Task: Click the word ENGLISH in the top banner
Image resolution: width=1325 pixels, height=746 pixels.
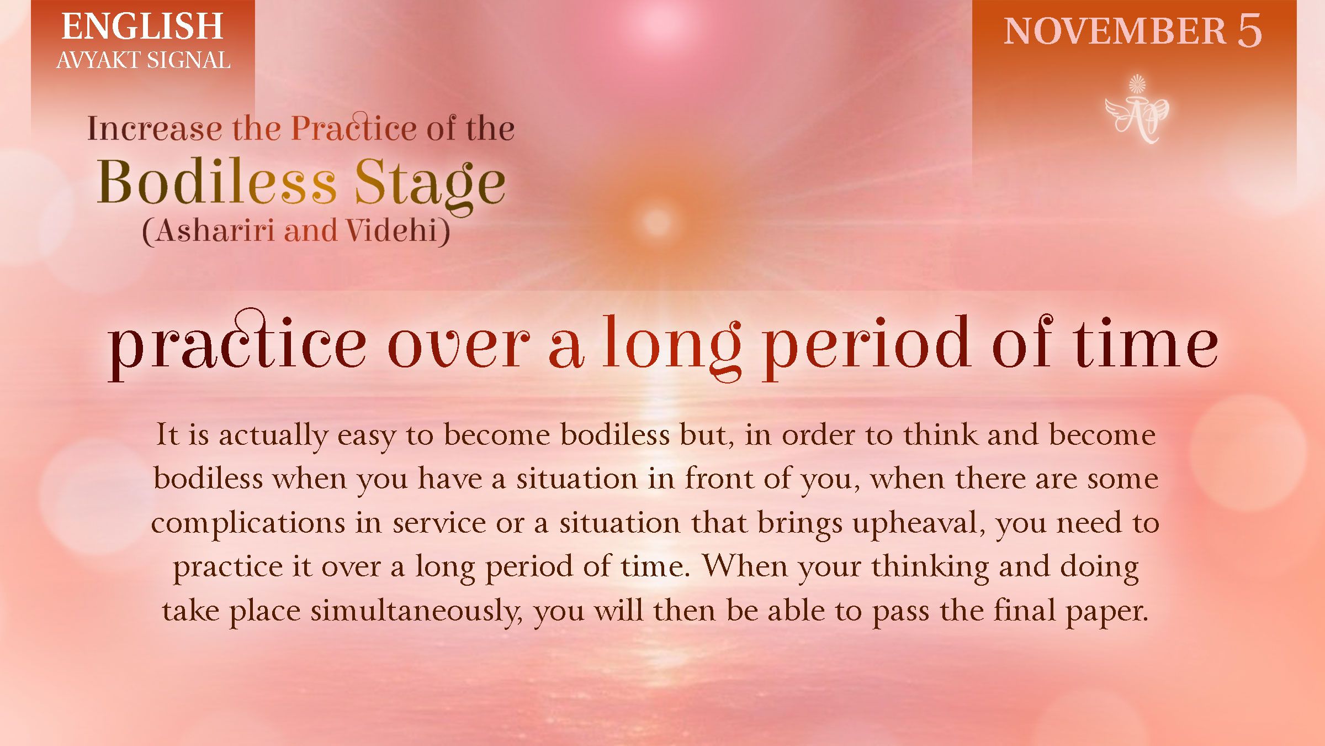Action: (142, 27)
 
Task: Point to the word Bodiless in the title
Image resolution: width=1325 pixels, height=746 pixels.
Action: (216, 182)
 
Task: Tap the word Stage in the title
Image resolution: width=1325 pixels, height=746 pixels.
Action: (429, 183)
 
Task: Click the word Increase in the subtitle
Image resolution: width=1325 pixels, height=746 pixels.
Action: (154, 128)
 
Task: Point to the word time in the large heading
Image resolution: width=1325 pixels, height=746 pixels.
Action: (1145, 345)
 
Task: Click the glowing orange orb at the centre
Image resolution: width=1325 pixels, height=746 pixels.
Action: (656, 222)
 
